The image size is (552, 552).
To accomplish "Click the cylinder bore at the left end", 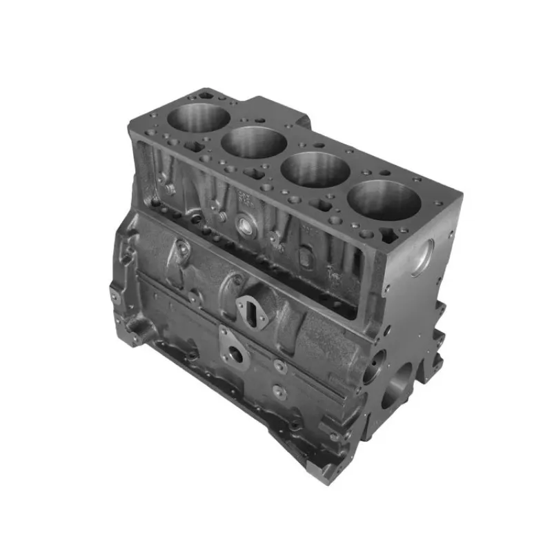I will (x=198, y=117).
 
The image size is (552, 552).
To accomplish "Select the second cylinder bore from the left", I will (x=254, y=142).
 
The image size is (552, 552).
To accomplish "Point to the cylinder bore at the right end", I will (x=384, y=200).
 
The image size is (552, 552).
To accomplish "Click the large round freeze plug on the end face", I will (x=422, y=257).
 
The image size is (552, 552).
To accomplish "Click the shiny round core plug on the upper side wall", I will (x=246, y=224).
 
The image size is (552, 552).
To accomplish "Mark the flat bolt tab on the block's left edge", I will (x=115, y=297).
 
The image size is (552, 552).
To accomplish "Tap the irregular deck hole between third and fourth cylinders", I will (x=323, y=204).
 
